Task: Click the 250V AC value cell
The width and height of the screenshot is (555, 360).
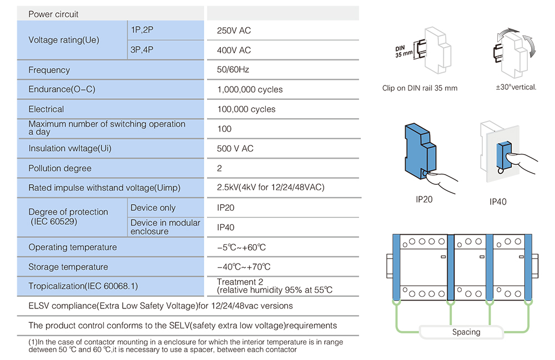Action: coord(234,31)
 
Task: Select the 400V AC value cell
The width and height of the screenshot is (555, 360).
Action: coord(234,50)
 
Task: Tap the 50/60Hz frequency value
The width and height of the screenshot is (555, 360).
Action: coord(233,70)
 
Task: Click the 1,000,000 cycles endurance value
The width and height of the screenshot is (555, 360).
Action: coord(250,89)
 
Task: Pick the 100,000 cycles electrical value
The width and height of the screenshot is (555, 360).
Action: coord(246,109)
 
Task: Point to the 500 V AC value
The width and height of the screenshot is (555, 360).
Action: coord(235,149)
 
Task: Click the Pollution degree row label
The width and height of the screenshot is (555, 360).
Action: coord(60,168)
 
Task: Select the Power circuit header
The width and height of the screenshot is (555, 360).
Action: coord(53,14)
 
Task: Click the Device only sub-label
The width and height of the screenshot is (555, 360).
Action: coord(153,208)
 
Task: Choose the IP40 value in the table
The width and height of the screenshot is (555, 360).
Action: coord(226,227)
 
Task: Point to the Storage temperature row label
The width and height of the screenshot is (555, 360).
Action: coord(68,267)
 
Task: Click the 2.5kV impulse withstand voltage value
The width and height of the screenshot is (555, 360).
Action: coord(271,187)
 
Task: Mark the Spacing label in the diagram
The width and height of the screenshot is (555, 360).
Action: coord(466,332)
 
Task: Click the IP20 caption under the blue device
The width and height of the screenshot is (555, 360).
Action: coord(424,199)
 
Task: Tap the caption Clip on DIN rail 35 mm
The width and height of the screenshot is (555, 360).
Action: coord(420,88)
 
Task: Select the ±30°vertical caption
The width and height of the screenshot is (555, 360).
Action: coord(516,87)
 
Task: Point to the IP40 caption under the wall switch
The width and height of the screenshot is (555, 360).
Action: coord(498,202)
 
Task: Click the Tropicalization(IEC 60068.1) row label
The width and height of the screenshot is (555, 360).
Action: coord(83,286)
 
